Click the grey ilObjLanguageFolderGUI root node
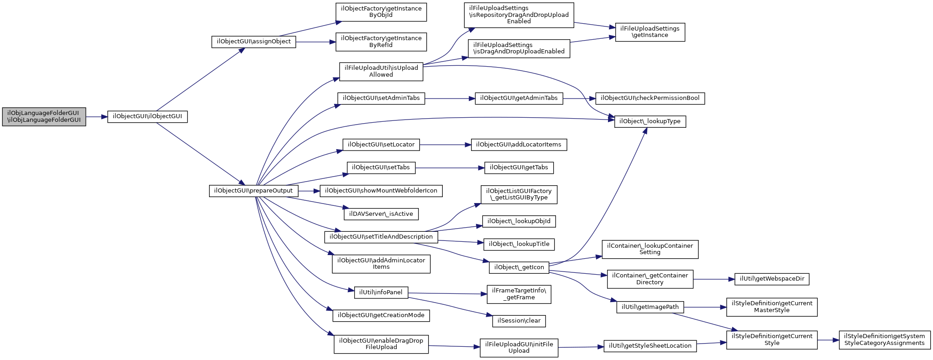(x=44, y=117)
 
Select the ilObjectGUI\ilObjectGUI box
(x=147, y=117)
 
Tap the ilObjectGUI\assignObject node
(x=254, y=42)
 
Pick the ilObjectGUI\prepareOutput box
(x=254, y=191)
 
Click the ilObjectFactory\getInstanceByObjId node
(x=381, y=12)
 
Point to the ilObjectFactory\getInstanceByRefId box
(x=381, y=42)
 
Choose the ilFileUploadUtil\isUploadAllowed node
(x=381, y=72)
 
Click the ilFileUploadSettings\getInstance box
(x=650, y=32)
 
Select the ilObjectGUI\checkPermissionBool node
(x=650, y=99)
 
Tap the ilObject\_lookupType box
(x=650, y=122)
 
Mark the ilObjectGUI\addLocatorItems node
(x=519, y=145)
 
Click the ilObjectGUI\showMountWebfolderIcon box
(x=381, y=191)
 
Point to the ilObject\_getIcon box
(x=519, y=268)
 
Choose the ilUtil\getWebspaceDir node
(x=772, y=279)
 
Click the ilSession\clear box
(x=519, y=321)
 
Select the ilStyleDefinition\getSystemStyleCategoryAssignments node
(x=885, y=340)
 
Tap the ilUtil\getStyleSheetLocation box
(x=650, y=346)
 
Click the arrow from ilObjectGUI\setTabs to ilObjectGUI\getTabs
(x=450, y=168)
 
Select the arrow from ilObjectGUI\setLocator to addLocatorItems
(x=445, y=145)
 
